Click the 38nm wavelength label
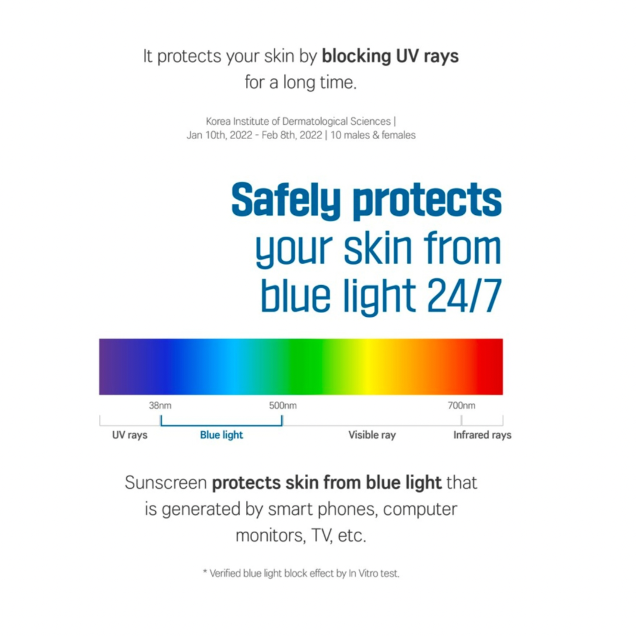(160, 405)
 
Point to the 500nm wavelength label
(283, 405)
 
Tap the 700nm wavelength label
(461, 405)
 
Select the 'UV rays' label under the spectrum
(130, 435)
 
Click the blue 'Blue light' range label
(222, 435)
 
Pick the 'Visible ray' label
(372, 435)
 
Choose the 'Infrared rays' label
(482, 435)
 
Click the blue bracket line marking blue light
(222, 425)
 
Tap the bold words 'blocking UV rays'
(390, 57)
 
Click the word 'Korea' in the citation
(218, 121)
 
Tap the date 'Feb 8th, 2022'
(292, 135)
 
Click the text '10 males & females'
(373, 135)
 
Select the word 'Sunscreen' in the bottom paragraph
(166, 483)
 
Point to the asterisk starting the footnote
(205, 572)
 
